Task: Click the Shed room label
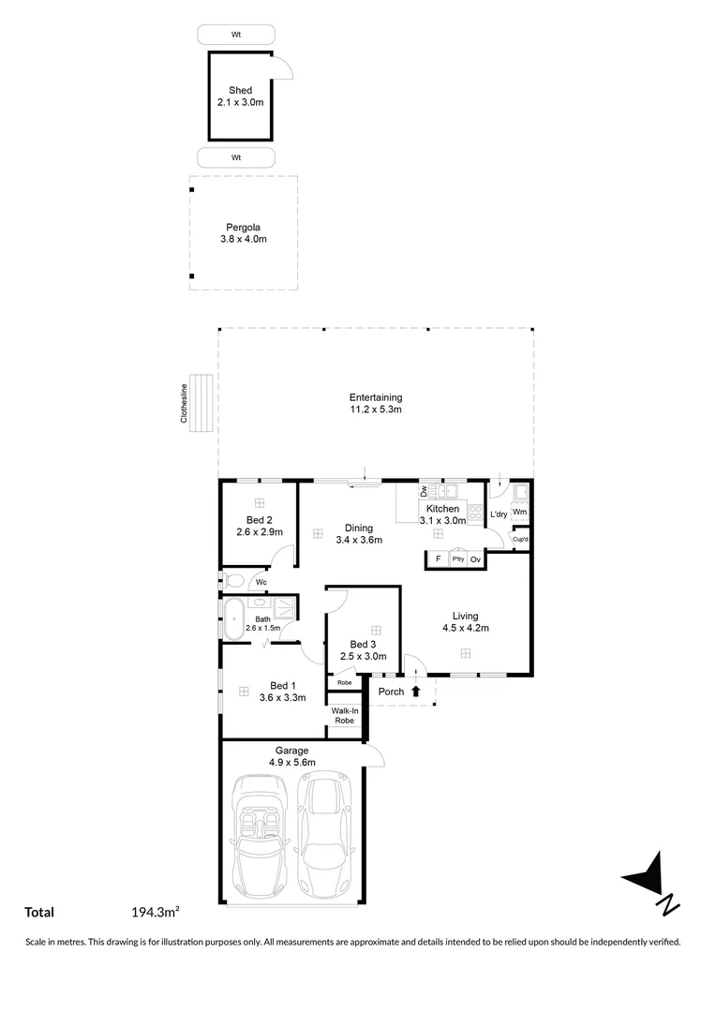[240, 97]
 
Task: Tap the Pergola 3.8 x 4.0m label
[243, 232]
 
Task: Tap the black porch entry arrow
[416, 692]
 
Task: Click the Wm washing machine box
[519, 513]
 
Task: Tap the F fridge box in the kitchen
[438, 559]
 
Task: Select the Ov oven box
[475, 559]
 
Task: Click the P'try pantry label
[457, 559]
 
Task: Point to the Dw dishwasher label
[424, 490]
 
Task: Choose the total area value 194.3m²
[156, 912]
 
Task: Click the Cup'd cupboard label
[520, 539]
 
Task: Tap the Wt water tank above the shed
[236, 35]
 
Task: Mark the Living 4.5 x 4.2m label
[466, 622]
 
